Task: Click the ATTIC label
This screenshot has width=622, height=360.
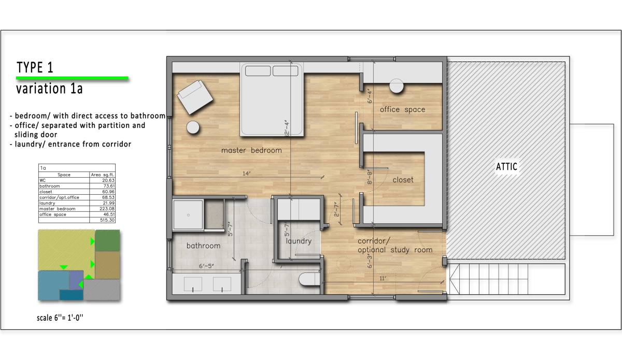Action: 506,167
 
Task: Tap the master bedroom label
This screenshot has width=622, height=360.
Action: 251,150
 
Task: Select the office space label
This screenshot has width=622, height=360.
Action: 402,109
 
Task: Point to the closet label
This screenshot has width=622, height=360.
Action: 403,179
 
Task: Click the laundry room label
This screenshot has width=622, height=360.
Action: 299,241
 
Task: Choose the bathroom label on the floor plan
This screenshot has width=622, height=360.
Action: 203,246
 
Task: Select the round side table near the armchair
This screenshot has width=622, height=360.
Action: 194,127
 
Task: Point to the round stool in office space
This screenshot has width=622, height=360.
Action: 397,86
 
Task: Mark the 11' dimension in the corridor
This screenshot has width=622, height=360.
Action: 383,278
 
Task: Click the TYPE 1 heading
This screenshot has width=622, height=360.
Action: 35,67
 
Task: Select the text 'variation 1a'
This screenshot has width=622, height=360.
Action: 49,89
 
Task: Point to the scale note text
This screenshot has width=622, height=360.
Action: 60,318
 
